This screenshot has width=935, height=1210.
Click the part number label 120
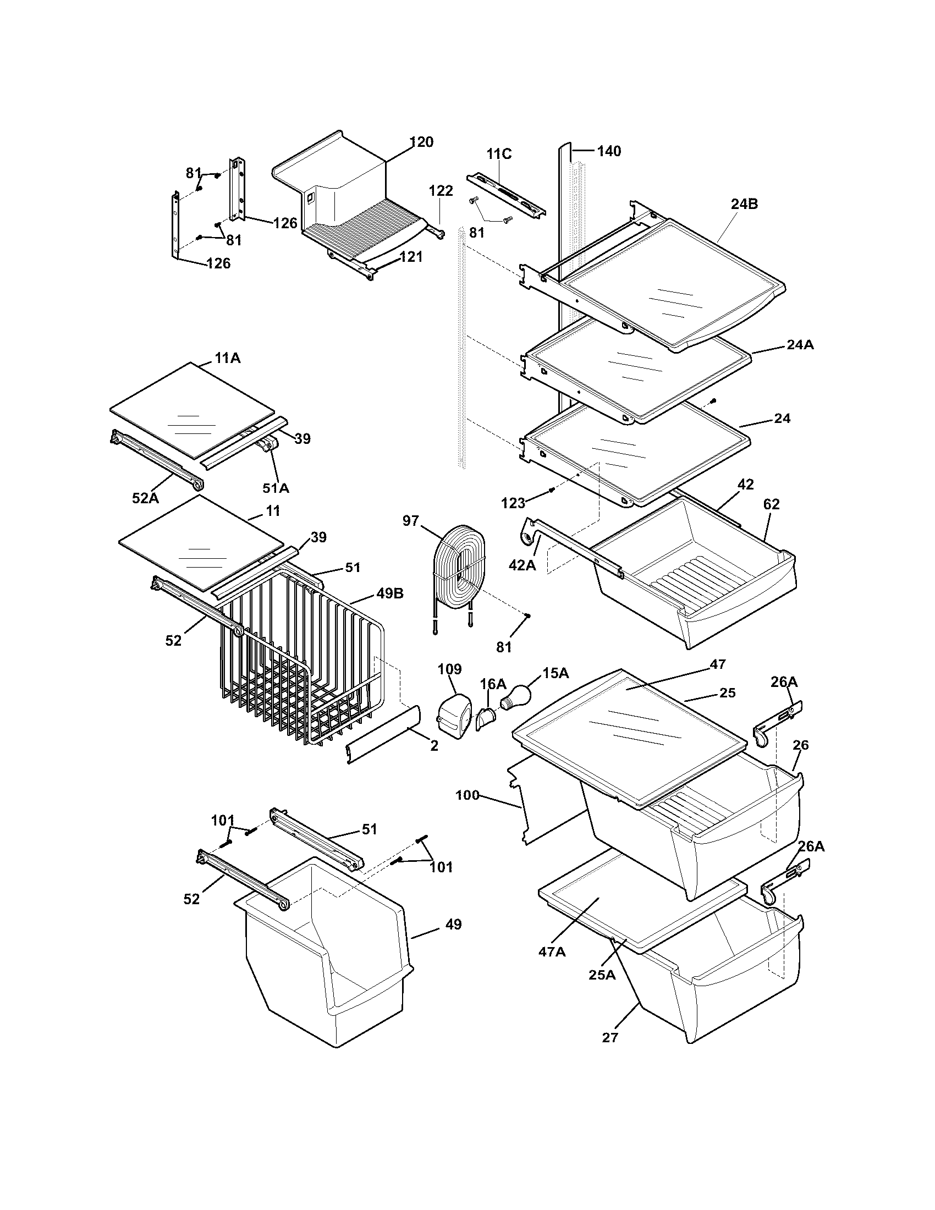pyautogui.click(x=421, y=142)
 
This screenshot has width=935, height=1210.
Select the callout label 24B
pyautogui.click(x=744, y=204)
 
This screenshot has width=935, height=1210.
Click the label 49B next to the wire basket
pyautogui.click(x=389, y=593)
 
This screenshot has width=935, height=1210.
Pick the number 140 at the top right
pyautogui.click(x=609, y=151)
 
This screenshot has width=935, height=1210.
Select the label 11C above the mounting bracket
pyautogui.click(x=499, y=154)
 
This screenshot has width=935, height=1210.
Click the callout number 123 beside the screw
pyautogui.click(x=513, y=503)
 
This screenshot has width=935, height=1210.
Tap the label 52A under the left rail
pyautogui.click(x=145, y=498)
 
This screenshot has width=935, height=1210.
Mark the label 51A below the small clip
pyautogui.click(x=276, y=488)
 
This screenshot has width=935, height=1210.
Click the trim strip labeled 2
pyautogui.click(x=382, y=735)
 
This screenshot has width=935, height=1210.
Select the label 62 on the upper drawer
pyautogui.click(x=771, y=504)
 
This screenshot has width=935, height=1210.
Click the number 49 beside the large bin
pyautogui.click(x=453, y=925)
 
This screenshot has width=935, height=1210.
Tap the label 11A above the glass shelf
pyautogui.click(x=228, y=358)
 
